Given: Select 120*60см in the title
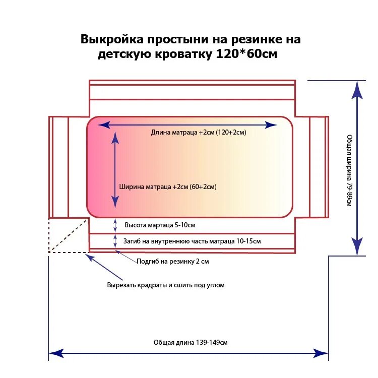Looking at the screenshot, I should (246, 54).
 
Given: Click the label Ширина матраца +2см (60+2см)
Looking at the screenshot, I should (167, 186).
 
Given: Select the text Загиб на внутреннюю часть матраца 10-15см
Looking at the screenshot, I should (192, 241).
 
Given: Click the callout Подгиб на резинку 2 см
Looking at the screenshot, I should (172, 262).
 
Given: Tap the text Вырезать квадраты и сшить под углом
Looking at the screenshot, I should (165, 285).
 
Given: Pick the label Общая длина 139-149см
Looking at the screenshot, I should (191, 342).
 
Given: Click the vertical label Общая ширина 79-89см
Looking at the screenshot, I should (349, 170).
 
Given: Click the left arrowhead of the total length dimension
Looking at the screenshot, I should (55, 353).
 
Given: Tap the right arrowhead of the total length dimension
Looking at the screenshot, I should (321, 353).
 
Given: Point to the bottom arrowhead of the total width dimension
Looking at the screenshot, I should (357, 247).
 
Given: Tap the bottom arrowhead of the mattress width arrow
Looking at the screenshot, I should (115, 201).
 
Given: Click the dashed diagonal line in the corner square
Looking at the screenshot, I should (69, 235).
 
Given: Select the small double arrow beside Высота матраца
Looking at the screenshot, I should (115, 225).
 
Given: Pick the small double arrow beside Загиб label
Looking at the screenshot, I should (115, 241).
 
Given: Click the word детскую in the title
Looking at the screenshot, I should (126, 54).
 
